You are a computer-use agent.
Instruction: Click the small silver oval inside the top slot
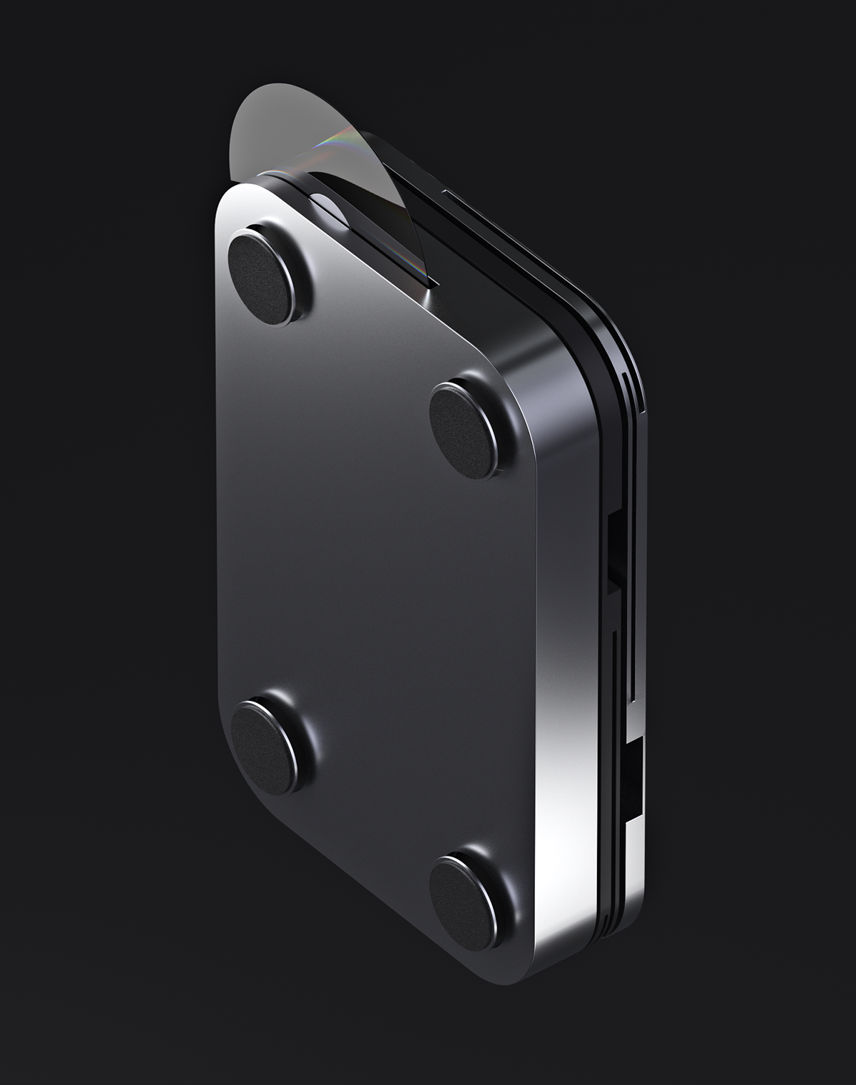(325, 206)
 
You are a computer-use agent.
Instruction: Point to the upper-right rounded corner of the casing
(613, 321)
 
